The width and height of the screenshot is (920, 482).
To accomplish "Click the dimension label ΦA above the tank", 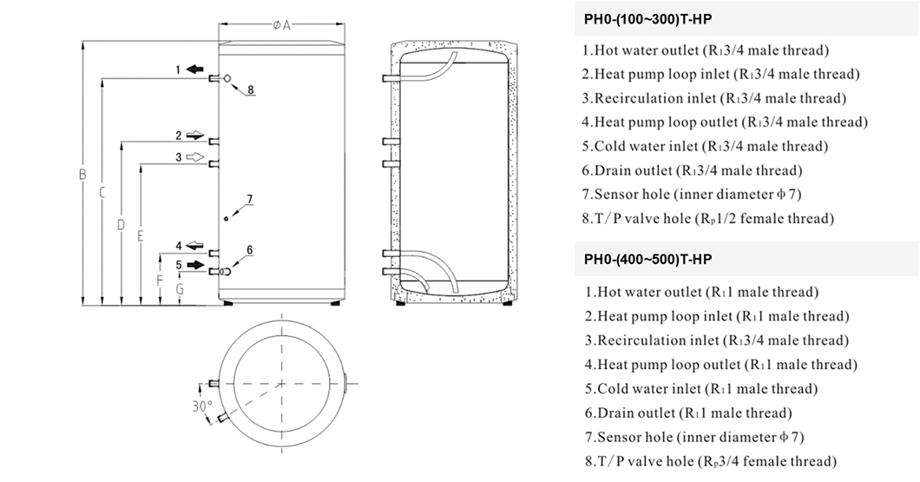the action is [281, 24].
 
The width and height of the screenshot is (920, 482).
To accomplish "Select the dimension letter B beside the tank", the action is [82, 175].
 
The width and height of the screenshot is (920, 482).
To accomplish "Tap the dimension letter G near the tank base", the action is [180, 289].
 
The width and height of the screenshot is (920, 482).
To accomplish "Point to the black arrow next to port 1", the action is [194, 69].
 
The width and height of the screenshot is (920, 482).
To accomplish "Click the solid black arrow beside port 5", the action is [194, 265].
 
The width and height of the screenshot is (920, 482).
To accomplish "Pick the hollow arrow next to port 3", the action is [194, 156].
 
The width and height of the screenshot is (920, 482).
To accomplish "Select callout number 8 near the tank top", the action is [251, 89].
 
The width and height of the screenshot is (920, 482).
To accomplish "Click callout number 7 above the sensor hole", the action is [249, 200].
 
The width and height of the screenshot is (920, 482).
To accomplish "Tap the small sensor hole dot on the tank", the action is [227, 219].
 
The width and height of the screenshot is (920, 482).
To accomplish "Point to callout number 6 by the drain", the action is [249, 250].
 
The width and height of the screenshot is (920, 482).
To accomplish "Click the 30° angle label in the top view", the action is [202, 406].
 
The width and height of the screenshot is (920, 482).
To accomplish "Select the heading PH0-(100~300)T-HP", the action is [647, 19].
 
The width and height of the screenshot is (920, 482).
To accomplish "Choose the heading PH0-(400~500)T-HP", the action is [647, 260].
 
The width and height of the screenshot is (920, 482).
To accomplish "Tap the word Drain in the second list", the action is [617, 413].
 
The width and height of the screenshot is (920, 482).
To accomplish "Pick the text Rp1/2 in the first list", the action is [714, 218].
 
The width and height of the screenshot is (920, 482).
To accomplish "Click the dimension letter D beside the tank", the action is [121, 224].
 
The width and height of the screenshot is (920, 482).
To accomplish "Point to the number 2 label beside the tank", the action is [179, 135].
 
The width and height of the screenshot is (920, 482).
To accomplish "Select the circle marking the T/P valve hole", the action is [227, 78].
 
